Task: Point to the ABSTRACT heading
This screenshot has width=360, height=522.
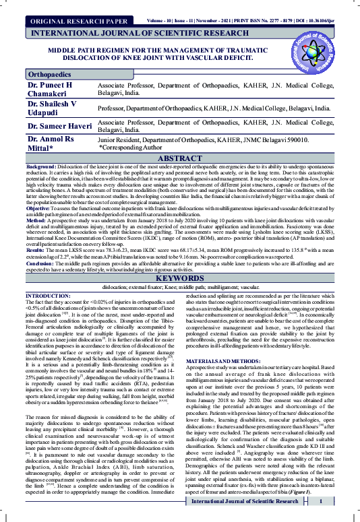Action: [x=179, y=158]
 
